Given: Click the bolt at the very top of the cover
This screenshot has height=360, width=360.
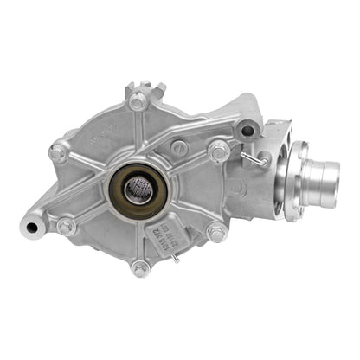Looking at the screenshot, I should (x=138, y=100).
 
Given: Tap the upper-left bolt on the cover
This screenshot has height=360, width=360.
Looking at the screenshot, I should (x=59, y=153).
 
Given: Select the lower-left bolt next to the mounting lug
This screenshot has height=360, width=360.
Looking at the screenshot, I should (x=65, y=226).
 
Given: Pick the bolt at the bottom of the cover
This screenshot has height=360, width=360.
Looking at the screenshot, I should (x=140, y=268).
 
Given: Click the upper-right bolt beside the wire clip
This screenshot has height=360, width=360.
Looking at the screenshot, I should (x=219, y=152).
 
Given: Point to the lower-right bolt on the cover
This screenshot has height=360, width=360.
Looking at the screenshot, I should (x=215, y=231).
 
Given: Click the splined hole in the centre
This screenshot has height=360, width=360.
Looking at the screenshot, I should (x=138, y=187).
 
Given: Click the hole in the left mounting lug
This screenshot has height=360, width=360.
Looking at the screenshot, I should (x=32, y=228).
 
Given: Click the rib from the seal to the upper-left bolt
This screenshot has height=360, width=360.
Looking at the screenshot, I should (x=91, y=167).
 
